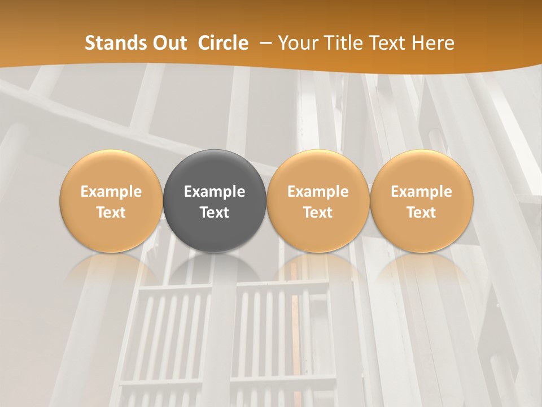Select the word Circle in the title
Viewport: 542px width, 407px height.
[223, 43]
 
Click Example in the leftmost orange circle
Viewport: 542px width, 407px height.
[111, 192]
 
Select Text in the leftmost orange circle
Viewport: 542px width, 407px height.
[111, 213]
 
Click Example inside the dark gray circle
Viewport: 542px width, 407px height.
[215, 192]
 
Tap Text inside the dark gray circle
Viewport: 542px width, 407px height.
[215, 213]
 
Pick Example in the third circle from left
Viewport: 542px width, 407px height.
[318, 192]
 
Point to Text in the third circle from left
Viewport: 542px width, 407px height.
[318, 213]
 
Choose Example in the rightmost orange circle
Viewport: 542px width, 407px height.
[421, 192]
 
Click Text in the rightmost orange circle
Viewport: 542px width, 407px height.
[421, 213]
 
